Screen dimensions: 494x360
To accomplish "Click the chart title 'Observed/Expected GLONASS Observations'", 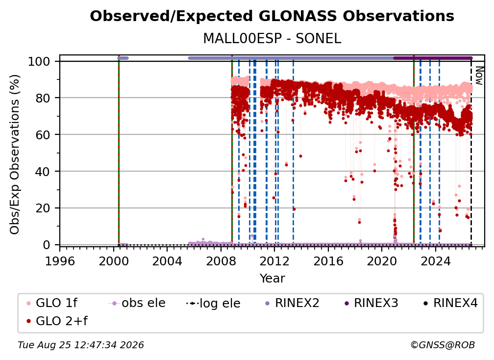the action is click(272, 16).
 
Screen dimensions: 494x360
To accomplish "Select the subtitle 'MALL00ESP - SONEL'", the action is click(272, 39).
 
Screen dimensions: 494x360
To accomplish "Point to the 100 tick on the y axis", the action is click(43, 61).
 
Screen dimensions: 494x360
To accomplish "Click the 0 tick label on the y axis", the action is click(47, 245).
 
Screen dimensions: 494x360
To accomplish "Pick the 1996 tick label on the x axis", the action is click(60, 261).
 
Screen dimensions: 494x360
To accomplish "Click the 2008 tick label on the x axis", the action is click(221, 261).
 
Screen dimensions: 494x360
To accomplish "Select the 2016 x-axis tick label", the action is click(328, 261).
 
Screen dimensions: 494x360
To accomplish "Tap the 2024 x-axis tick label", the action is click(436, 261).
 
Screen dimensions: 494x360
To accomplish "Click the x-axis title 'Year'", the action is click(272, 279).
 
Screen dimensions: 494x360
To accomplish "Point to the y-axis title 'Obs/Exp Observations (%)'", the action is click(15, 154).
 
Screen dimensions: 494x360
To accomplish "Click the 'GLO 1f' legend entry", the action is click(51, 303).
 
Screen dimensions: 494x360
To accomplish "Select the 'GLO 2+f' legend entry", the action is click(57, 321).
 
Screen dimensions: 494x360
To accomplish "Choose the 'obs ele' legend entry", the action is click(136, 303).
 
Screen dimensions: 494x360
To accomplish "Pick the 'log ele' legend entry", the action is click(213, 303).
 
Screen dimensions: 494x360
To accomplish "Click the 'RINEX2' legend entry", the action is click(292, 303).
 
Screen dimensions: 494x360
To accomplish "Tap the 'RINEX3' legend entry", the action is click(371, 303).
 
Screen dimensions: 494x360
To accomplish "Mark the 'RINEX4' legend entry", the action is click(450, 303).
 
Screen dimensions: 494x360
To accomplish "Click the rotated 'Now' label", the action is click(479, 76).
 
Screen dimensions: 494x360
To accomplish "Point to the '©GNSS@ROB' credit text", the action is click(443, 345).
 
